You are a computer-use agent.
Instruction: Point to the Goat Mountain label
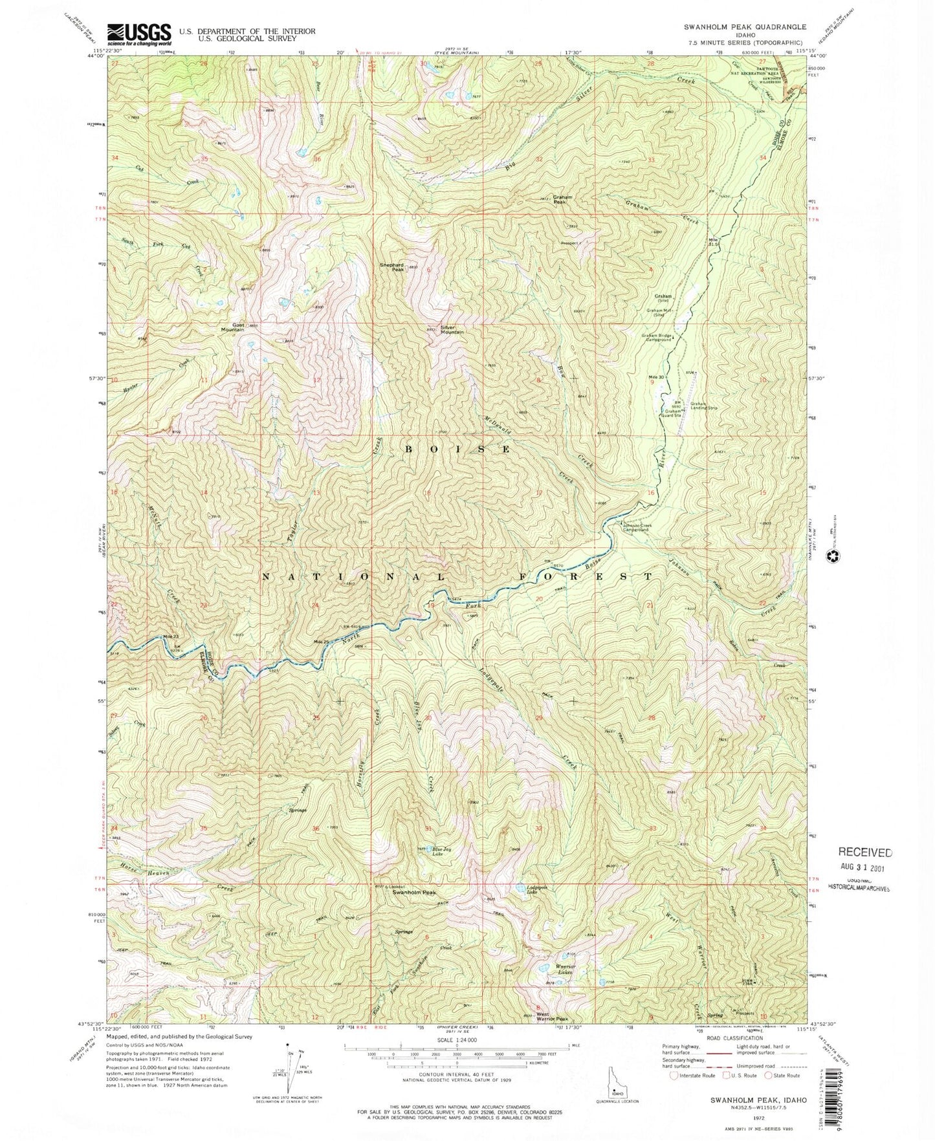pyautogui.click(x=232, y=327)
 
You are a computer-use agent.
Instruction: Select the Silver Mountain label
pyautogui.click(x=452, y=329)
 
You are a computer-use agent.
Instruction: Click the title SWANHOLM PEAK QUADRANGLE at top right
pyautogui.click(x=736, y=27)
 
